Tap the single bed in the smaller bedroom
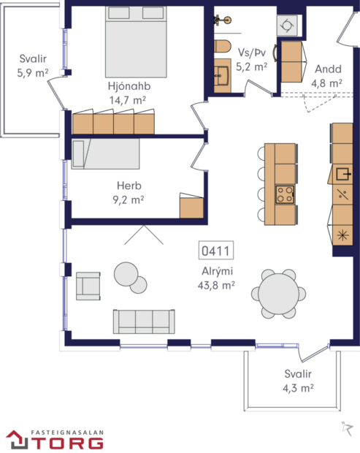coord(106,154)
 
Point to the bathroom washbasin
coord(222,73)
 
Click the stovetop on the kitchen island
coord(284,194)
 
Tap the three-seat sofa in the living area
coord(144,321)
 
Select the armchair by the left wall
coord(88,286)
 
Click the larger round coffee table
coord(126,274)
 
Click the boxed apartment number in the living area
coord(215,251)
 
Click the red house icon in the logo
coord(17,439)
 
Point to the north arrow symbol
coord(345,427)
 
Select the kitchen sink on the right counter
coord(342,175)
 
